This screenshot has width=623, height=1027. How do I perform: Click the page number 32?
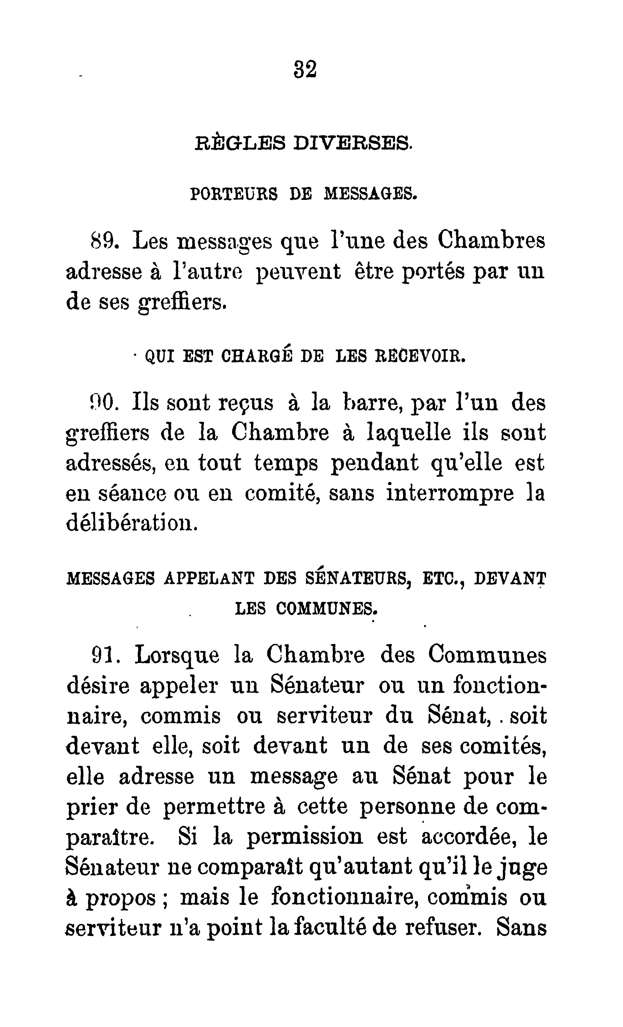(x=305, y=69)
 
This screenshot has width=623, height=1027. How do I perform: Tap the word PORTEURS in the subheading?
(x=234, y=194)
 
